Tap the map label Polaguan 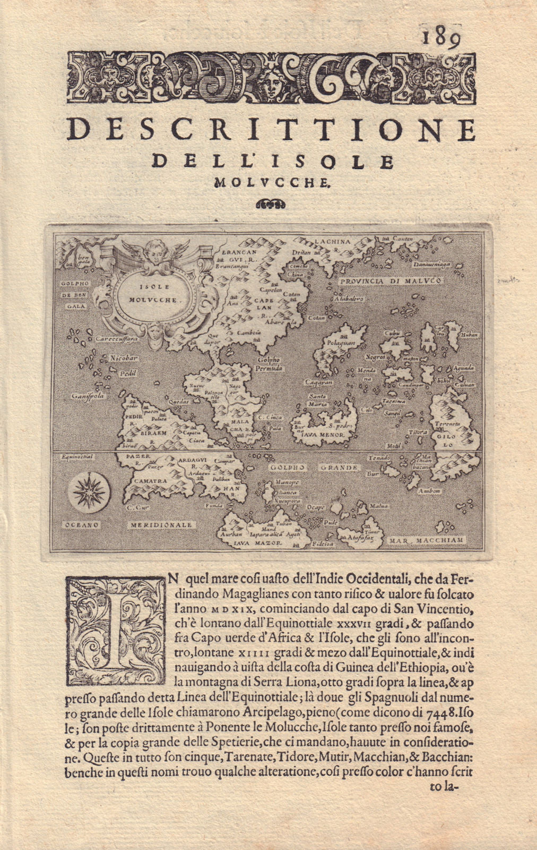tap(341, 344)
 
